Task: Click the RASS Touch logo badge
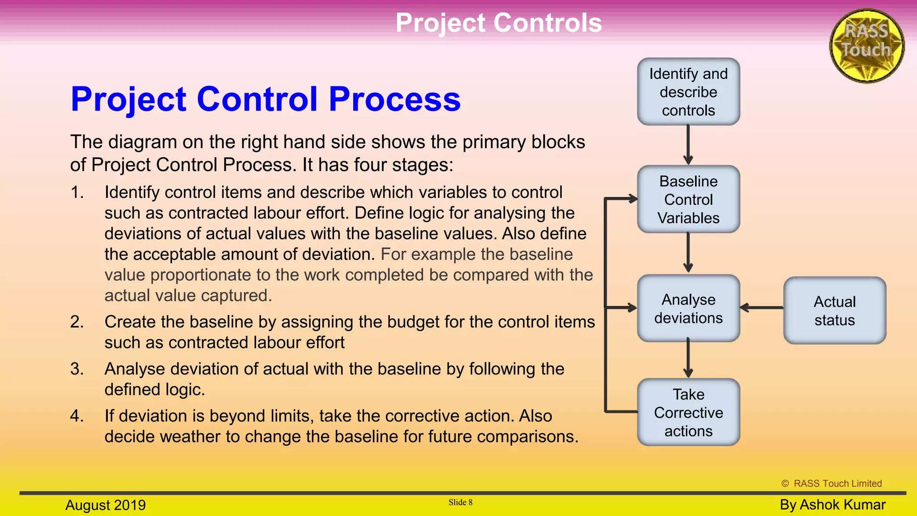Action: point(867,46)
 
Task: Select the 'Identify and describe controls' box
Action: point(688,92)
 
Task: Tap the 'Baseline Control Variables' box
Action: point(688,199)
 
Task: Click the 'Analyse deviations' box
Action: point(688,308)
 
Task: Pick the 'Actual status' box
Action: point(834,310)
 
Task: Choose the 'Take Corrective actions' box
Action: point(688,412)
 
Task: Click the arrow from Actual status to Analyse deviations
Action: point(762,308)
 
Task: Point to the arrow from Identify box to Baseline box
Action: point(688,145)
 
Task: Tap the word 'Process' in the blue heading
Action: point(394,99)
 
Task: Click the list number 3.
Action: point(77,369)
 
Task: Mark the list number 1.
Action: point(77,193)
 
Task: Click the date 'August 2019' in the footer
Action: point(106,505)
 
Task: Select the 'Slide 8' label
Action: point(460,502)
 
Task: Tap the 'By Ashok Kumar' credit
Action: point(832,504)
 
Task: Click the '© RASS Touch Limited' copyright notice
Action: point(831,483)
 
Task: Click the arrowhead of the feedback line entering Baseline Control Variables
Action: point(633,199)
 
